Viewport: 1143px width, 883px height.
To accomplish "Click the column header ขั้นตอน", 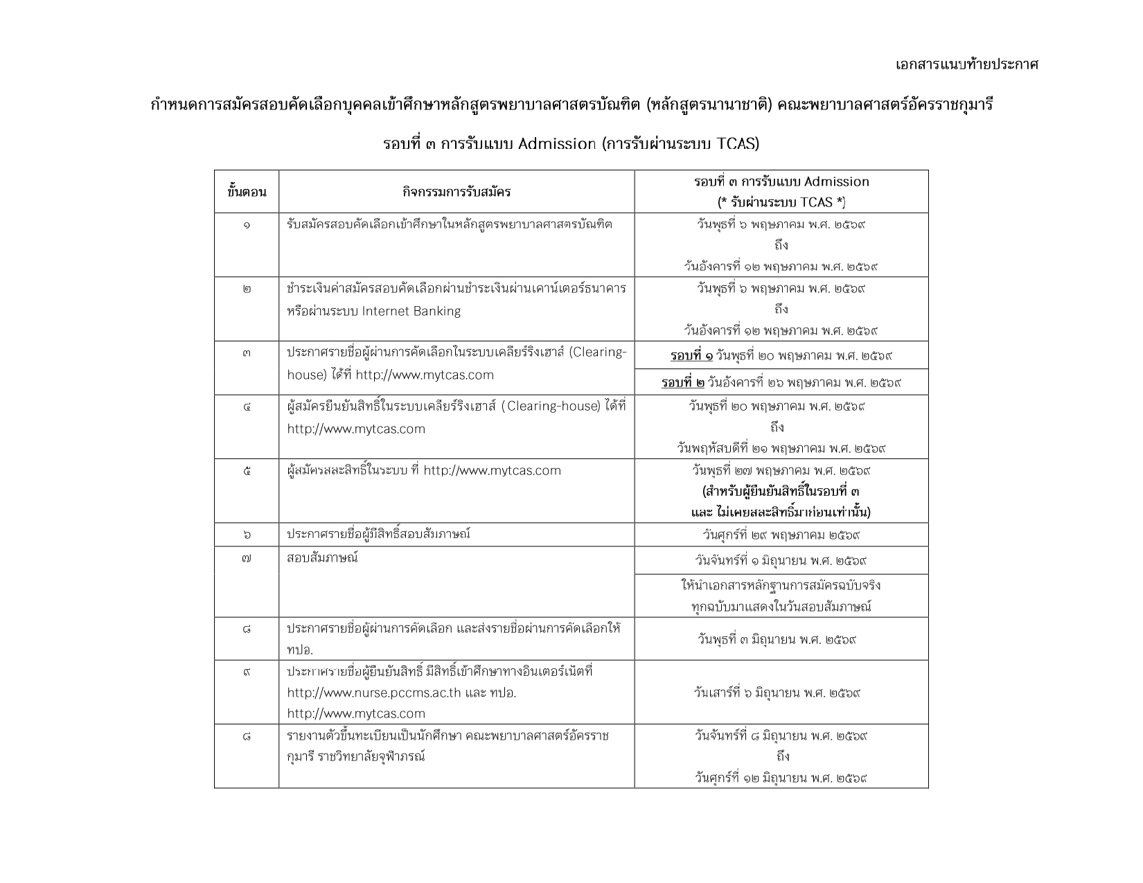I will coord(247,192).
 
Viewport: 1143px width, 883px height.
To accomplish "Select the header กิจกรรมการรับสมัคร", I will coord(457,192).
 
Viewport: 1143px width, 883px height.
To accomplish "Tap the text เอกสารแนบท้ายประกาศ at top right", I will coord(966,64).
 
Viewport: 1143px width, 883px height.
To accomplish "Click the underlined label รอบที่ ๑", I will coord(691,355).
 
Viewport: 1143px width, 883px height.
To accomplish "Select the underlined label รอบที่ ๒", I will coord(683,382).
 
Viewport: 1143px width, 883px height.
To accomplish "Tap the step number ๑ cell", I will coord(247,224).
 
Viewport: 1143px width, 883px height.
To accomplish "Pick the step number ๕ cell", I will coord(247,471).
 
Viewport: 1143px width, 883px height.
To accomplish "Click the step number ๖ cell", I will coord(247,535).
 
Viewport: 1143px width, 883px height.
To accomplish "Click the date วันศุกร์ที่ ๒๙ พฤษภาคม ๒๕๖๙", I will coord(781,535).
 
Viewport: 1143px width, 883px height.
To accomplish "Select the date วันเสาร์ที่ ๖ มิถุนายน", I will coord(777,692).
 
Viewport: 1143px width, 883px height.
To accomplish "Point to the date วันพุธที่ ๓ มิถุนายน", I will coord(778,639).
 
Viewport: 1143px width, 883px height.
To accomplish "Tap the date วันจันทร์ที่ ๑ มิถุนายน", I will coord(781,560).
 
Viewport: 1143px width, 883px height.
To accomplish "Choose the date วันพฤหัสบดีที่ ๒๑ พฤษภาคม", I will coord(781,448).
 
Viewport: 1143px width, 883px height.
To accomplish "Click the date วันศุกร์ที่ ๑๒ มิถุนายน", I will coord(781,777).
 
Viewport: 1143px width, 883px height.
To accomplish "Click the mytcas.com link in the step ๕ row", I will coord(492,471).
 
